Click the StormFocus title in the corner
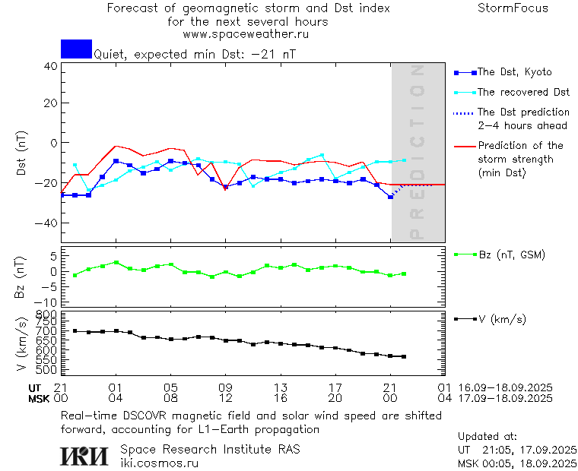pyautogui.click(x=513, y=8)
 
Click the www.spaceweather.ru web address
pyautogui.click(x=246, y=34)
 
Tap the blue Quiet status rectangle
pyautogui.click(x=76, y=49)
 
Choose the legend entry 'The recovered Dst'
pyautogui.click(x=523, y=92)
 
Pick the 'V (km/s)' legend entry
pyautogui.click(x=502, y=319)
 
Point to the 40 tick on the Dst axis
pyautogui.click(x=50, y=66)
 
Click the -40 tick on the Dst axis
pyautogui.click(x=47, y=223)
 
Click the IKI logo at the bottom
pyautogui.click(x=84, y=456)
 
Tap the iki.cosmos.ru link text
pyautogui.click(x=159, y=462)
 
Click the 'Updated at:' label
pyautogui.click(x=487, y=437)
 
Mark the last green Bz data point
pyautogui.click(x=404, y=273)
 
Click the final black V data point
pyautogui.click(x=404, y=356)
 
